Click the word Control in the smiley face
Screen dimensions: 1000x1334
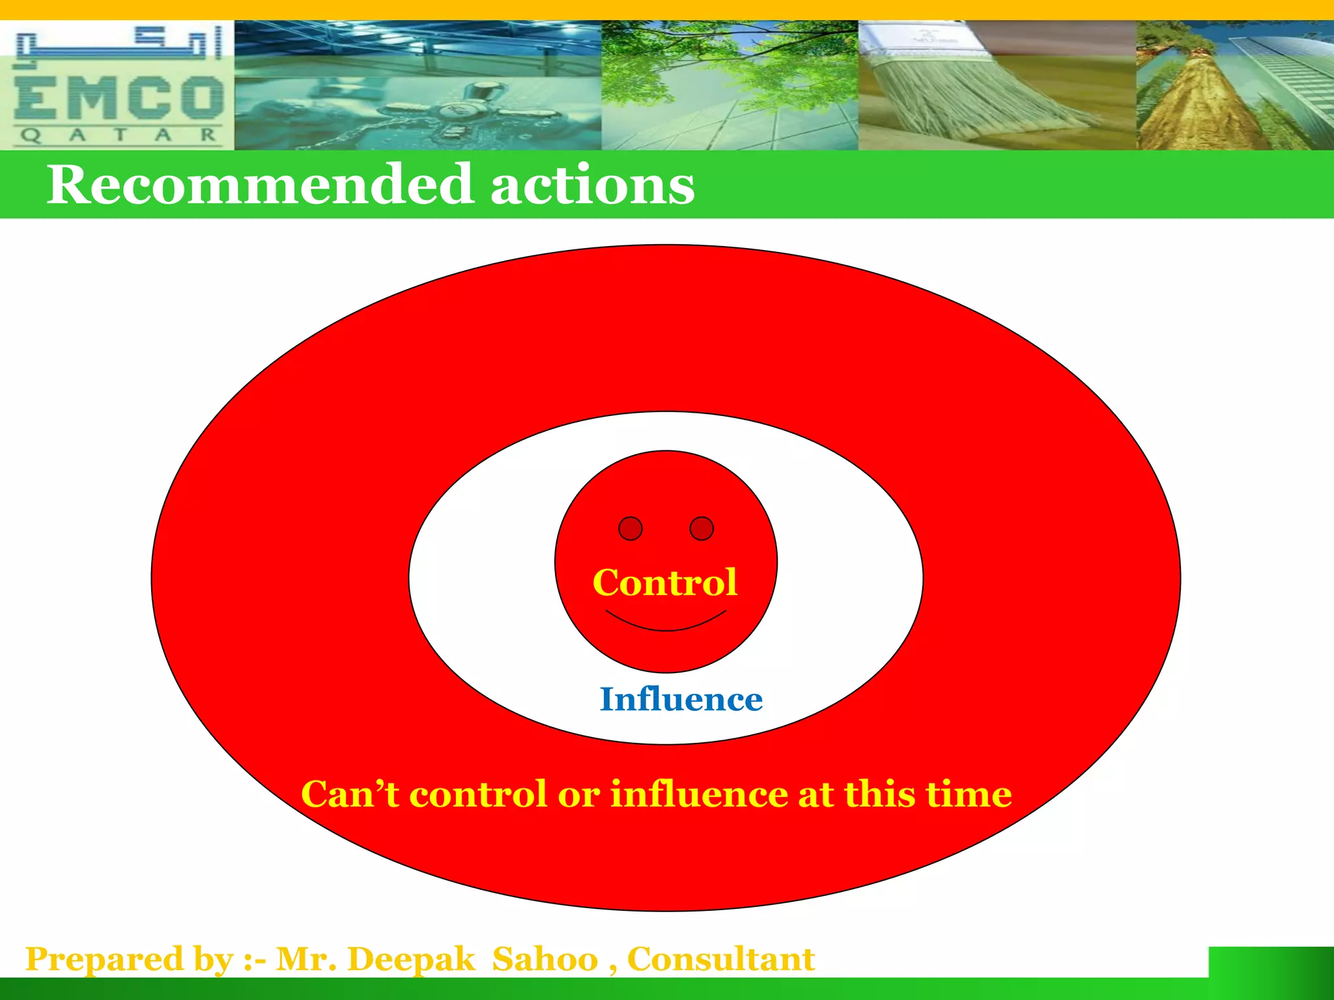coord(664,582)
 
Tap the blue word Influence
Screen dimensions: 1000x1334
coord(681,699)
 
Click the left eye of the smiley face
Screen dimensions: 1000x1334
coord(630,529)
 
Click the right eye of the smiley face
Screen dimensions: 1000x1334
coord(702,529)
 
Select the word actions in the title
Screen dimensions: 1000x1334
coord(592,185)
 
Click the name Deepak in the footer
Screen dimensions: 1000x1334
coord(411,959)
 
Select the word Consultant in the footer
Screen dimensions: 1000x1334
coord(720,959)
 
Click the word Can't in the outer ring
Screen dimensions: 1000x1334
coord(350,794)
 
